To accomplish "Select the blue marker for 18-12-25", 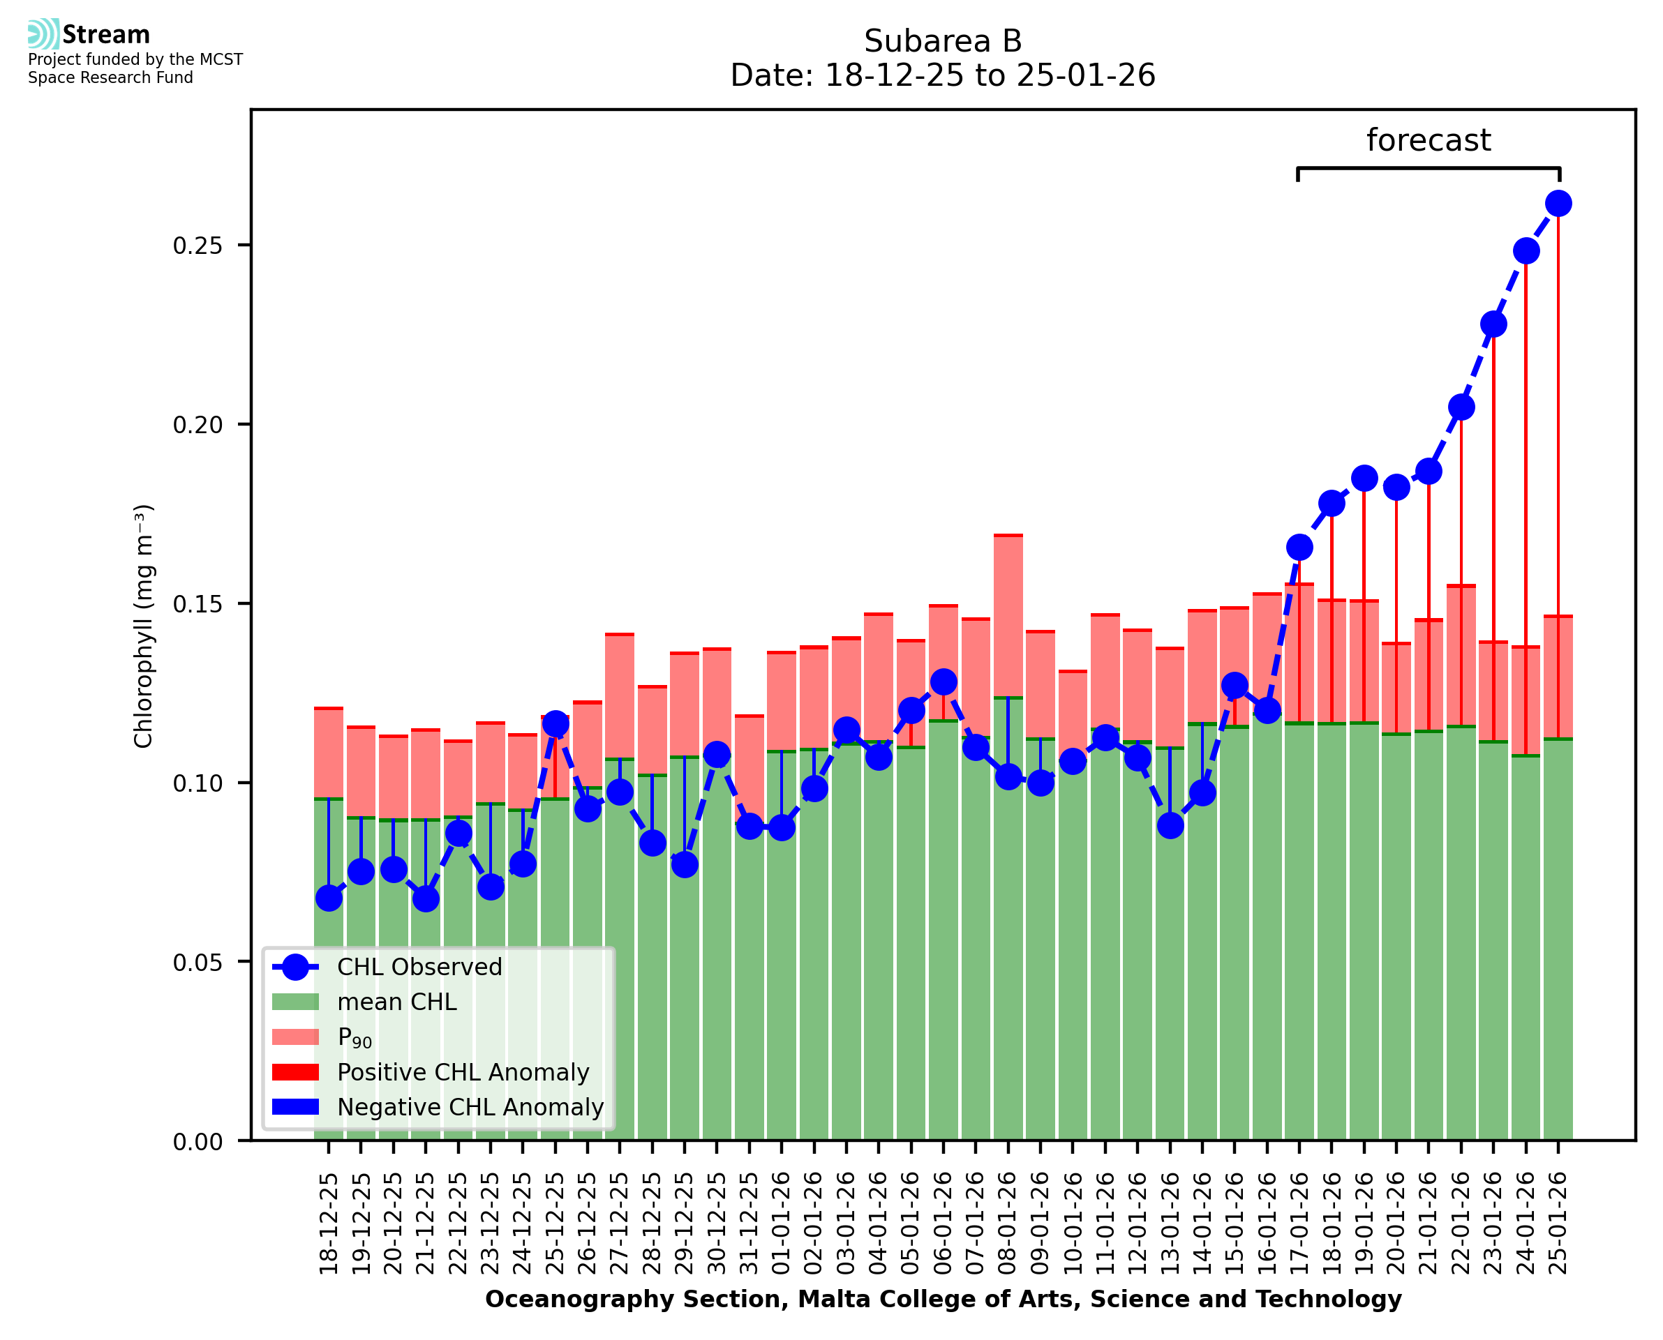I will (329, 898).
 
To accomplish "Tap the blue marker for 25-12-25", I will (555, 725).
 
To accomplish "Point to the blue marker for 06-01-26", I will (943, 682).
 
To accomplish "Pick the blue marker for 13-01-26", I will (1170, 826).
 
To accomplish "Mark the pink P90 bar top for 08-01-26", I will (1008, 535).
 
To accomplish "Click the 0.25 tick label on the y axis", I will (197, 246).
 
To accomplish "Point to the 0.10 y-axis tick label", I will (197, 783).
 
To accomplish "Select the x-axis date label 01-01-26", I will (782, 1224).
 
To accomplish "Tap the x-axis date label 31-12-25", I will (749, 1224).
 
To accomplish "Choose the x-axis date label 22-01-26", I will (1461, 1224).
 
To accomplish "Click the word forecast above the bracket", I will (1428, 140).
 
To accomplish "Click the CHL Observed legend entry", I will (419, 968).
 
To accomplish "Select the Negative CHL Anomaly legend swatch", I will (295, 1107).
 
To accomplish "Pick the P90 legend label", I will (355, 1038).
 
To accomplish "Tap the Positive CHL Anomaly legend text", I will (463, 1072).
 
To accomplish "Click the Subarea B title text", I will (942, 41).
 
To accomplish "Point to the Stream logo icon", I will (44, 34).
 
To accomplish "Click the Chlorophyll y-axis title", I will (144, 626).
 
